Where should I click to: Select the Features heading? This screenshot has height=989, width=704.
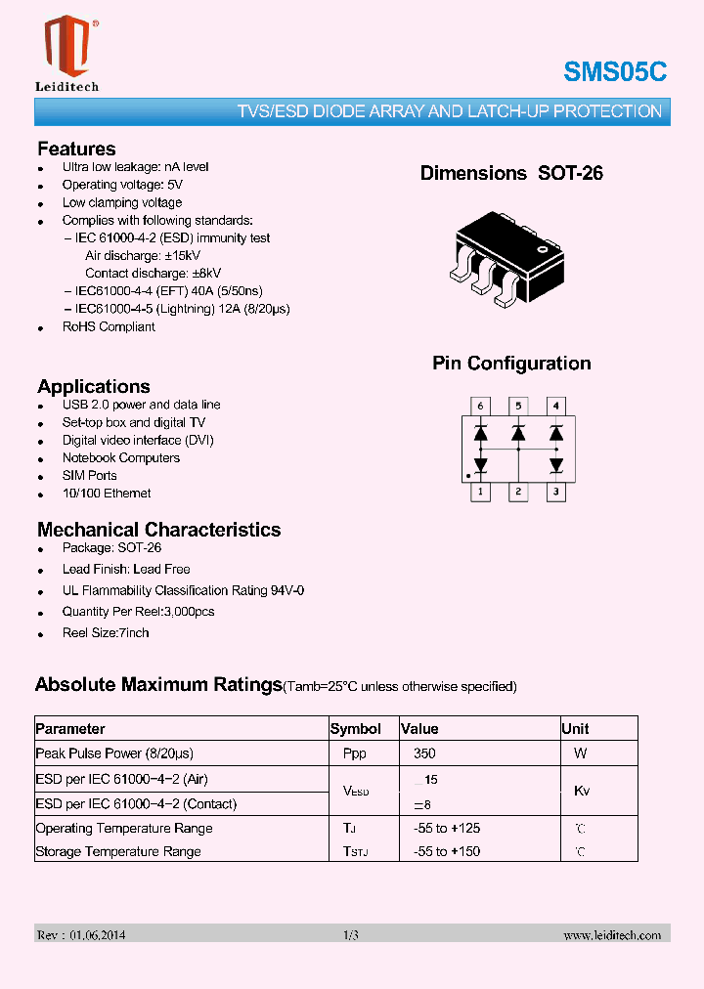click(76, 149)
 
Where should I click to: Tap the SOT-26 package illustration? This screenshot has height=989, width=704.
click(509, 258)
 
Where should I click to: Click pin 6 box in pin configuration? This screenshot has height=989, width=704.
click(480, 406)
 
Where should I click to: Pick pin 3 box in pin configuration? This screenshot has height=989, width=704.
click(555, 493)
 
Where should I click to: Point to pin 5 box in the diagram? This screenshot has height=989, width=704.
click(518, 406)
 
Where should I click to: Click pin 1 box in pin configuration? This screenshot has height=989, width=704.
click(480, 493)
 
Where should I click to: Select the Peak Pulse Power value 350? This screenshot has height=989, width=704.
click(424, 753)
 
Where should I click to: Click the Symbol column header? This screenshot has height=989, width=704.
click(356, 729)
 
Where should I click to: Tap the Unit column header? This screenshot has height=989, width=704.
click(575, 729)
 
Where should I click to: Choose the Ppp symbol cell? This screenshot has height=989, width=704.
click(355, 753)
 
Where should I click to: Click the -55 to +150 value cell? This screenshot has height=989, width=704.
click(447, 851)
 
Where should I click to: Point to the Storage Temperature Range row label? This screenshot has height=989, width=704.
click(118, 851)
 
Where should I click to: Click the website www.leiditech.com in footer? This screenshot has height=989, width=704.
click(612, 935)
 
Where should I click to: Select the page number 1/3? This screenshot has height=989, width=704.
click(351, 935)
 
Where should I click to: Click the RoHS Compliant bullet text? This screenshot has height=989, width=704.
click(109, 326)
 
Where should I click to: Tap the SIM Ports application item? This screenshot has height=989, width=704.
click(89, 475)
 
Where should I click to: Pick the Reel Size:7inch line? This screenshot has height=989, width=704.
click(106, 632)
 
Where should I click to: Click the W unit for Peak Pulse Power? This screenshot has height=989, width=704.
click(581, 753)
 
